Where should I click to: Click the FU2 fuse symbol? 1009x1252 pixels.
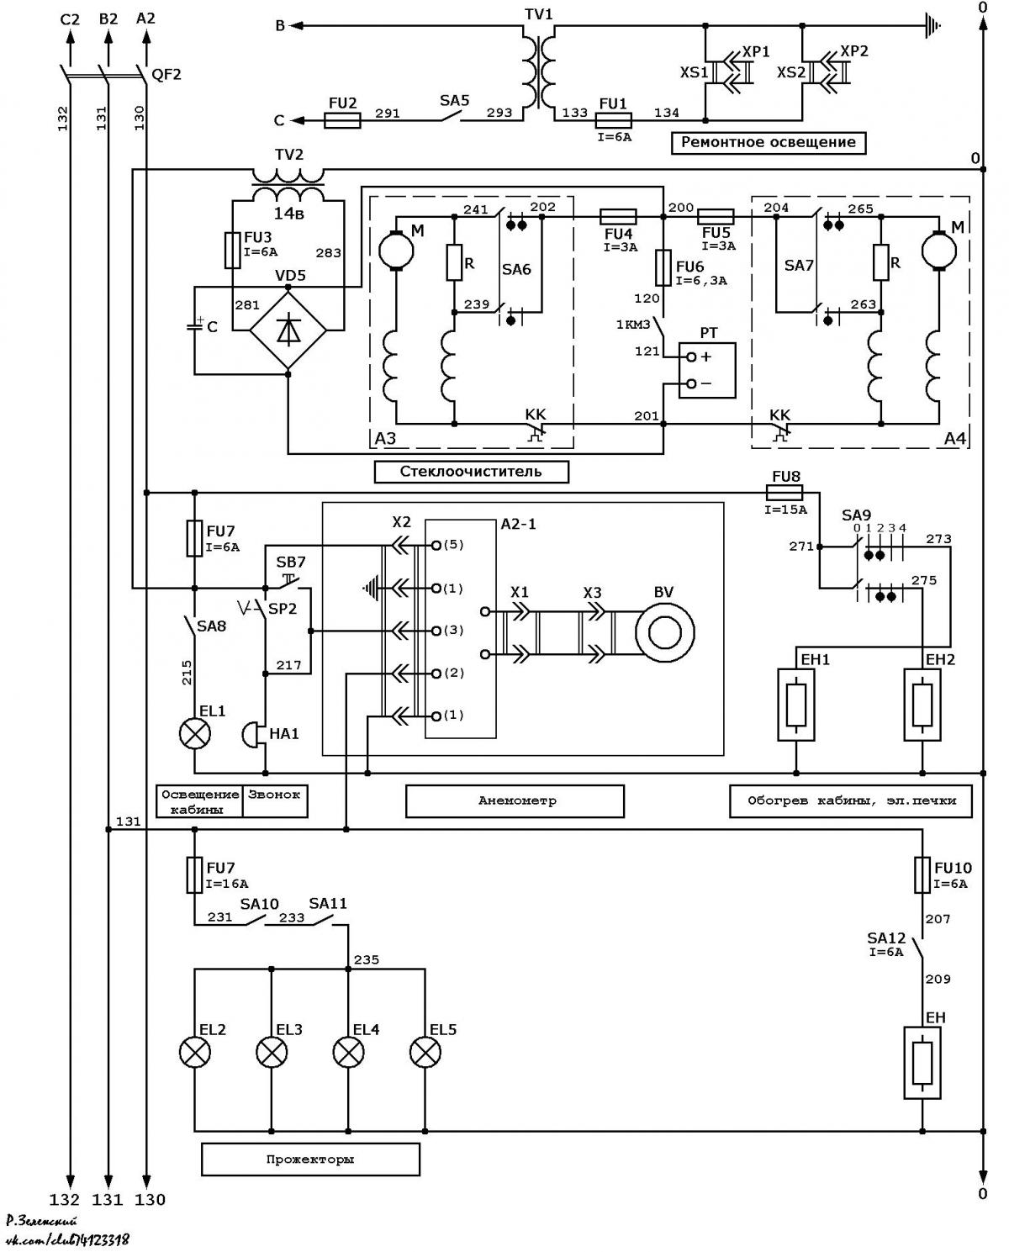[341, 120]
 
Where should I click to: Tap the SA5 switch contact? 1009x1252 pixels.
[449, 116]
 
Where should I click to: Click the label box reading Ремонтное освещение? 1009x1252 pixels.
[768, 143]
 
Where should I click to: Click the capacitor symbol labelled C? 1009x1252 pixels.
[195, 326]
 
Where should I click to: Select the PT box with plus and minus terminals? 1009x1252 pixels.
[706, 370]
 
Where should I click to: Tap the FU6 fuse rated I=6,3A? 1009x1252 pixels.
[663, 268]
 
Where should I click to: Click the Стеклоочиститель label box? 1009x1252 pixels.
[471, 472]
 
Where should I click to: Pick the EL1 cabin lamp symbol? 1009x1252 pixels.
[195, 734]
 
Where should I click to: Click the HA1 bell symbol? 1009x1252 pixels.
[254, 735]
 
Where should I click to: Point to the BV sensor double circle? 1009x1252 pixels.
[664, 633]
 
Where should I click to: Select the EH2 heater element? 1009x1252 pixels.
[922, 705]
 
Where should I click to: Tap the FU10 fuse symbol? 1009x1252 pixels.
[922, 874]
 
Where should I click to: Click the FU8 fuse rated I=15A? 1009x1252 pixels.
[784, 494]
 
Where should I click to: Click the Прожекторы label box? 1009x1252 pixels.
[310, 1160]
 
